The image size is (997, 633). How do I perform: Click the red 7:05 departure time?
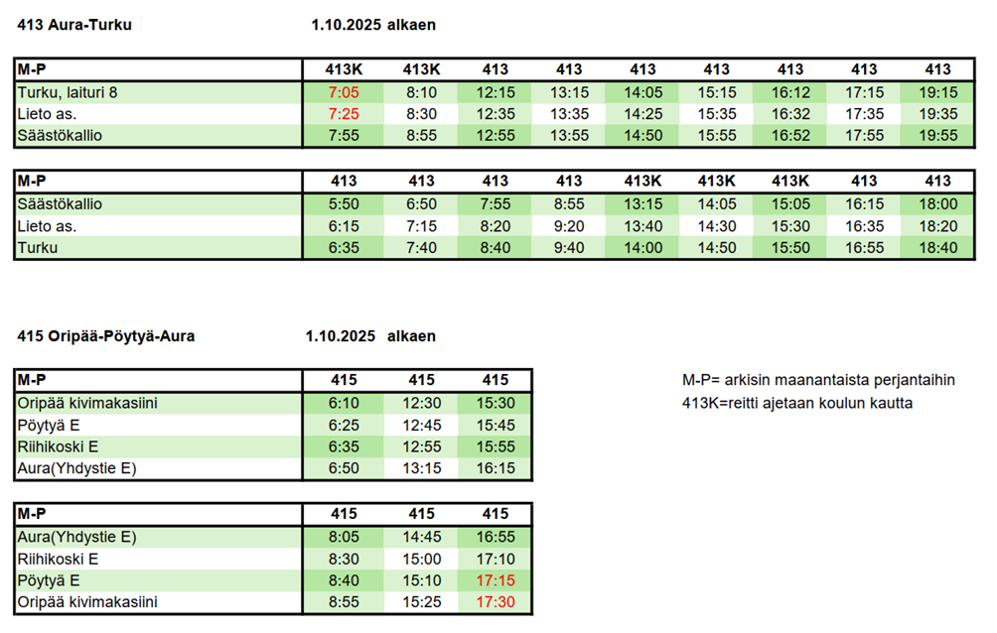pyautogui.click(x=343, y=92)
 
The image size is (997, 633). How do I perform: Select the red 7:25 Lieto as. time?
pyautogui.click(x=343, y=114)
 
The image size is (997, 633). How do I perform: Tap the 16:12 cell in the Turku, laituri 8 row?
pyautogui.click(x=789, y=92)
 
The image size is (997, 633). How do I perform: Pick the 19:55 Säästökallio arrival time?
pyautogui.click(x=937, y=136)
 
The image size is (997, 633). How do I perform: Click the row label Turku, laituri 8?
pyautogui.click(x=68, y=92)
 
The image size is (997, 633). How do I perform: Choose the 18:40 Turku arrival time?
pyautogui.click(x=937, y=248)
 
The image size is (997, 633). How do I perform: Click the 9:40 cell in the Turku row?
pyautogui.click(x=569, y=248)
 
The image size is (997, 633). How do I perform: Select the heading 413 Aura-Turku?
pyautogui.click(x=74, y=25)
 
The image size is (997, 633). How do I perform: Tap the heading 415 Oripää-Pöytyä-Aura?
pyautogui.click(x=106, y=336)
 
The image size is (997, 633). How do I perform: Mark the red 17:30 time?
pyautogui.click(x=496, y=602)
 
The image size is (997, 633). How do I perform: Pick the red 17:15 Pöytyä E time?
pyautogui.click(x=496, y=580)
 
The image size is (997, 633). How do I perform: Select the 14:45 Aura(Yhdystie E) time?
pyautogui.click(x=421, y=537)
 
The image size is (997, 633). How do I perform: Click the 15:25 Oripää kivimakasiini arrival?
pyautogui.click(x=421, y=602)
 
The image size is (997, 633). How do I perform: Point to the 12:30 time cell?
pyautogui.click(x=421, y=403)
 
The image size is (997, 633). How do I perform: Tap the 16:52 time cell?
pyautogui.click(x=789, y=136)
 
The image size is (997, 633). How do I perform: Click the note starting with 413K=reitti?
pyautogui.click(x=797, y=403)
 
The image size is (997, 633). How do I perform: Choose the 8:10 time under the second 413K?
pyautogui.click(x=421, y=92)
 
